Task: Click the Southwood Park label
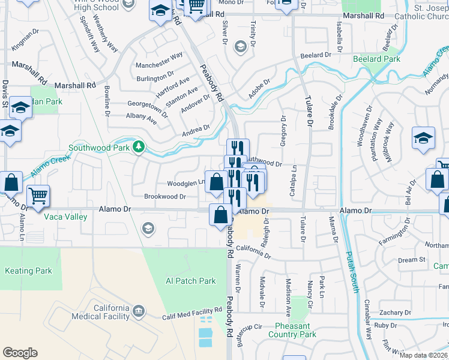(x=100, y=147)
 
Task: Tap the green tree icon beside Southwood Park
(x=139, y=146)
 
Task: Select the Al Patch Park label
(x=190, y=281)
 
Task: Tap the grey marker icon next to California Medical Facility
(x=139, y=311)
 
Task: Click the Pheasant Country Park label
(x=292, y=330)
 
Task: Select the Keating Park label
(x=28, y=271)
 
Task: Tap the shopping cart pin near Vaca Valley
(x=38, y=196)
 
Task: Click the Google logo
(x=20, y=352)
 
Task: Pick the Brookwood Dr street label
(x=165, y=196)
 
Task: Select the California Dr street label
(x=254, y=250)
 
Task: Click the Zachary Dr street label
(x=394, y=313)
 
